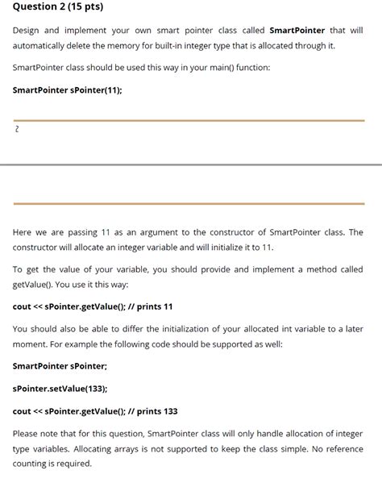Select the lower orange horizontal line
tap(189, 203)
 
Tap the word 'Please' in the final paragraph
tap(27, 433)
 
